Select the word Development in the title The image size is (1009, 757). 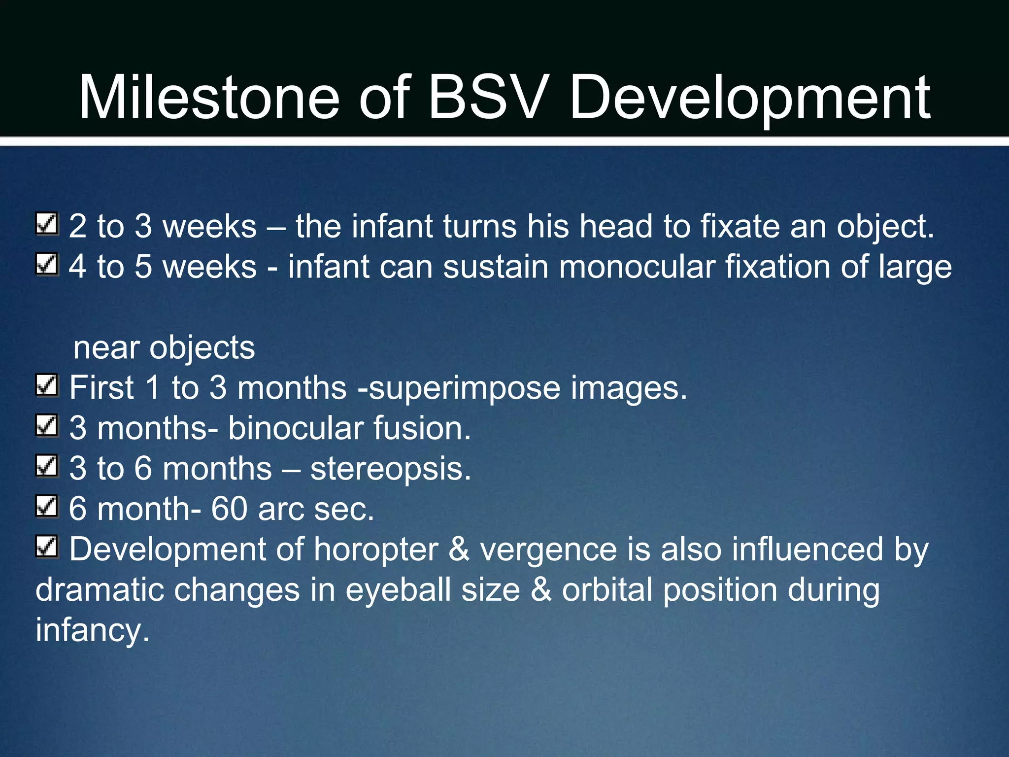[749, 99]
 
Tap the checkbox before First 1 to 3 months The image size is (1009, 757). [47, 385]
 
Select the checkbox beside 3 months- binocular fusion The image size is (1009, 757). [47, 426]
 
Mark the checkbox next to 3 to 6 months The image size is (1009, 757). [47, 466]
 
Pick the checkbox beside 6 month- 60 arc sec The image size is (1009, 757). [47, 507]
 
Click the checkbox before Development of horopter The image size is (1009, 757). [47, 547]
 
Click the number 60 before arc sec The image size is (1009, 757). [229, 509]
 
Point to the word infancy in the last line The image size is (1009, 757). [92, 631]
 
